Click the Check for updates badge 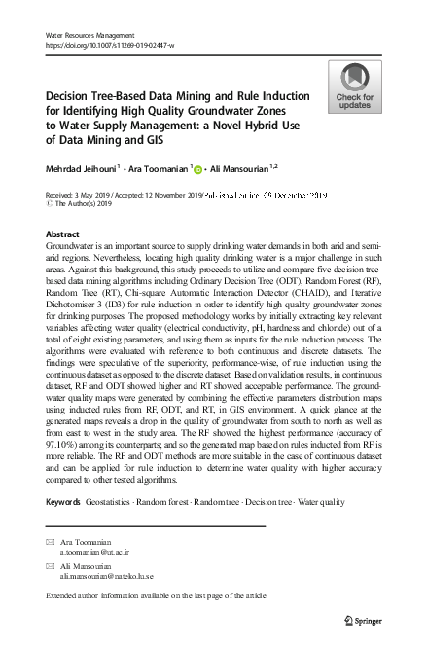tap(355, 87)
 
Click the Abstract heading tap(63, 235)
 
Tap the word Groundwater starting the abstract tap(70, 250)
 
